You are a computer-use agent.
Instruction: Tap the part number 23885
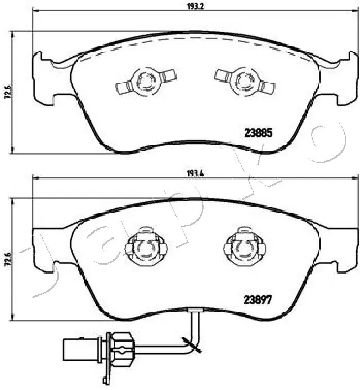[258, 133]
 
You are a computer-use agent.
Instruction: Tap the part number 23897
[258, 300]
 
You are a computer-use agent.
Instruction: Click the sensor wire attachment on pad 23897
[193, 311]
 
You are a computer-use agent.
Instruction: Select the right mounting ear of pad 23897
[344, 248]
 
